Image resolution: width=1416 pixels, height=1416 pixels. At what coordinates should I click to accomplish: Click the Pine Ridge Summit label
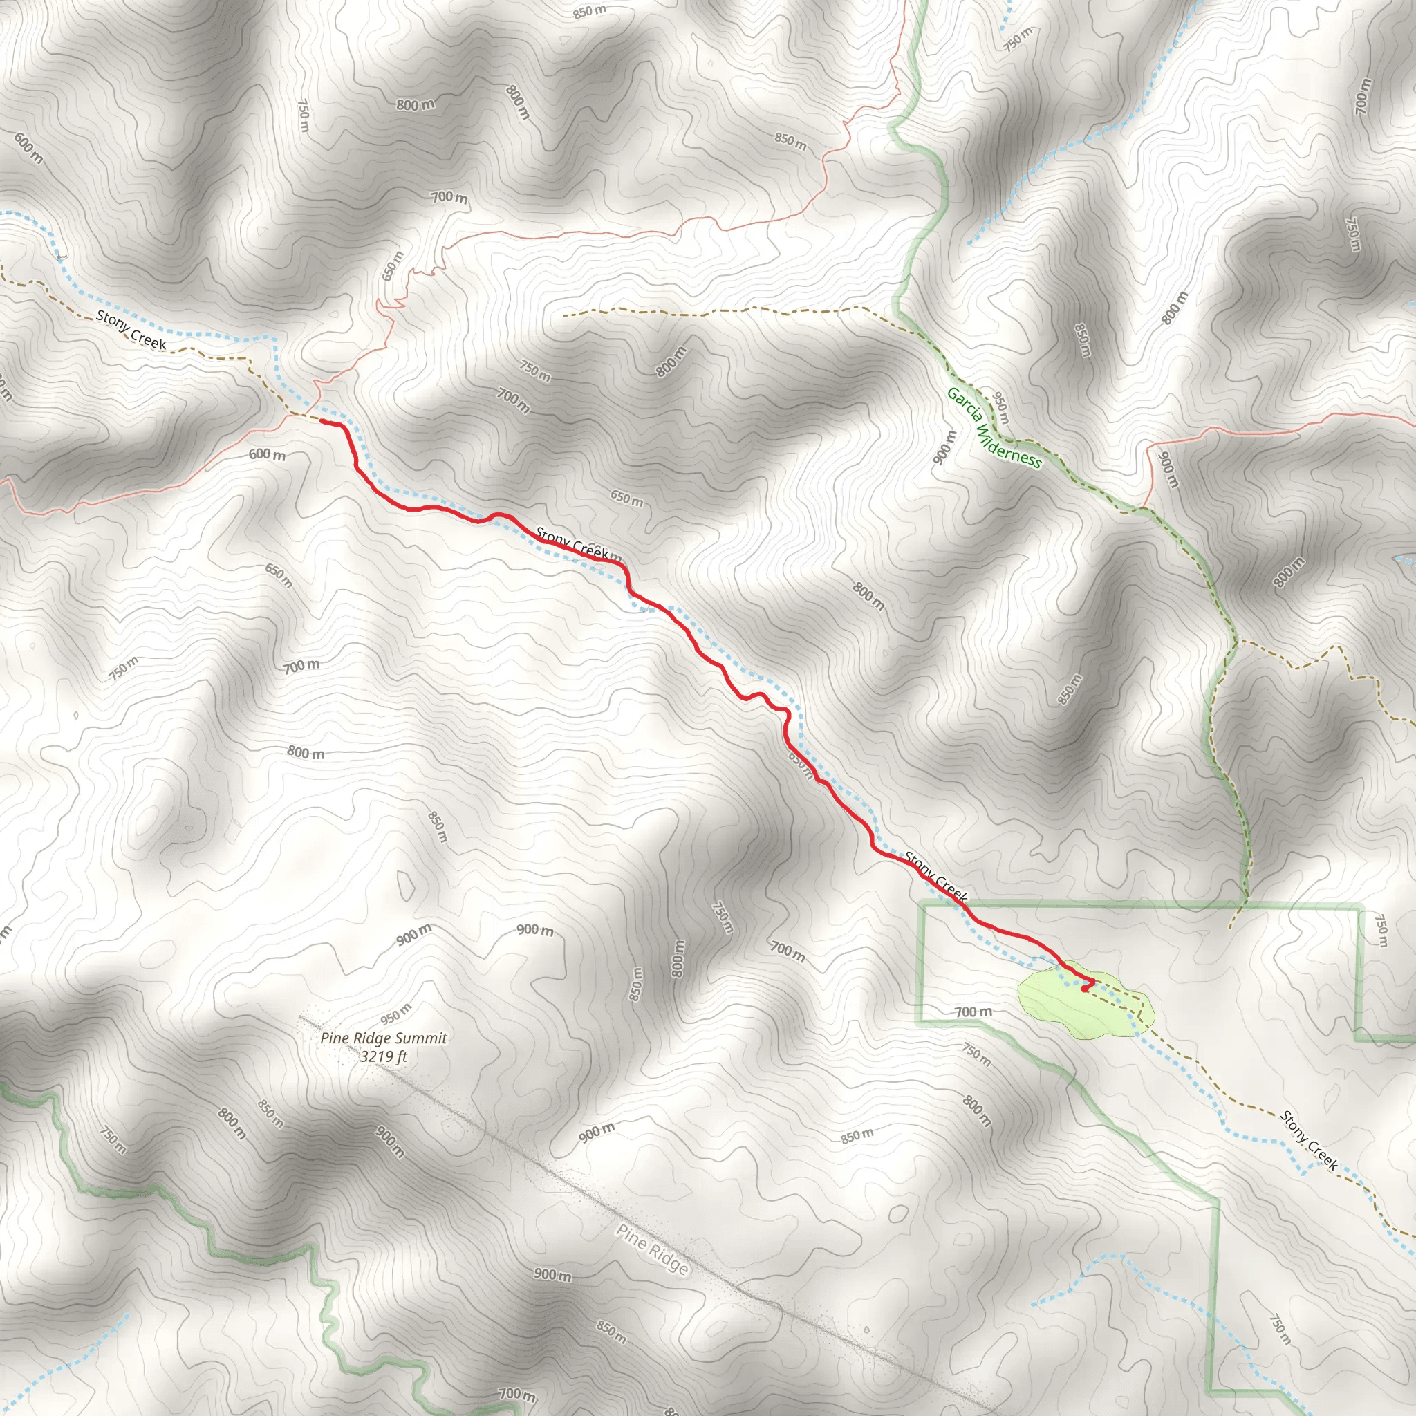pos(383,1038)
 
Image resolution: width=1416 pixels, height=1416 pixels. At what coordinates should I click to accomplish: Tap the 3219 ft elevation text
pos(383,1056)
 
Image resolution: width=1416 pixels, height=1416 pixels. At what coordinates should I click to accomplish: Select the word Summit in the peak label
pos(419,1038)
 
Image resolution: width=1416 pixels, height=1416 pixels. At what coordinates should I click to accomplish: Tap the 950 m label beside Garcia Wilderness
pos(1000,407)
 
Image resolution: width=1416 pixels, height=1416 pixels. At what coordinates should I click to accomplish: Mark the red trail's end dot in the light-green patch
pos(1084,989)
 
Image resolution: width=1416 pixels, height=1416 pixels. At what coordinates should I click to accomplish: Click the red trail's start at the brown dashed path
pos(322,422)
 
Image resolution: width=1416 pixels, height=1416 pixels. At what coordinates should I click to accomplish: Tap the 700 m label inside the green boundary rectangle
pos(973,1012)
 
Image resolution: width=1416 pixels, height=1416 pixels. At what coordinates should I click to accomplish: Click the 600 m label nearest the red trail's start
pos(267,454)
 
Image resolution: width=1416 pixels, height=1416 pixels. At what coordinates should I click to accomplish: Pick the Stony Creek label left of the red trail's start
pos(131,330)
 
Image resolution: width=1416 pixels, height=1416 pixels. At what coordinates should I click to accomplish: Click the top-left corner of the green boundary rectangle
pos(923,907)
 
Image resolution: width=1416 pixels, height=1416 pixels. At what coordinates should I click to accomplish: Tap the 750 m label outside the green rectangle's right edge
pos(1381,929)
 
